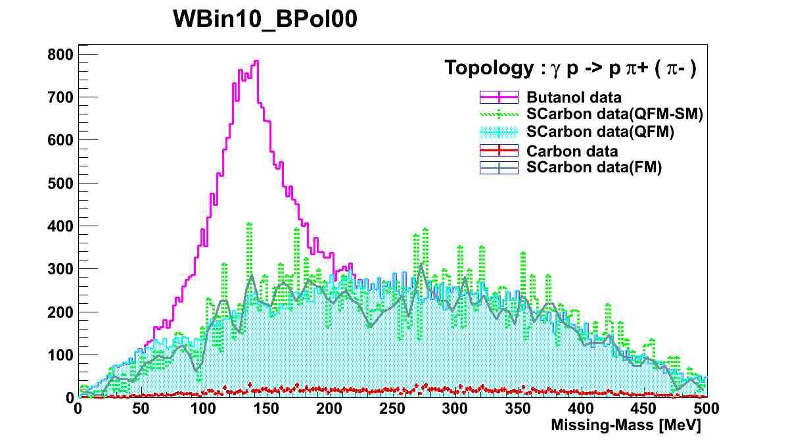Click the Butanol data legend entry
tap(574, 97)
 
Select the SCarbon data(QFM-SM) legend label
tap(615, 114)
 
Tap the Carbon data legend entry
tap(572, 150)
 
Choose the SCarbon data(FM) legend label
tap(593, 167)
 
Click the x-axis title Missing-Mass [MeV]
tap(626, 426)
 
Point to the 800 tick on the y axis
tap(60, 55)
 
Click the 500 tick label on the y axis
tap(60, 183)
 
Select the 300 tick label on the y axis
tap(60, 269)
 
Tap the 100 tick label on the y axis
tap(60, 355)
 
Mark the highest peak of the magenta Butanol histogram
tap(256, 61)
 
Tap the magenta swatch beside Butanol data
tap(499, 97)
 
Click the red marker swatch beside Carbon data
tap(499, 150)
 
